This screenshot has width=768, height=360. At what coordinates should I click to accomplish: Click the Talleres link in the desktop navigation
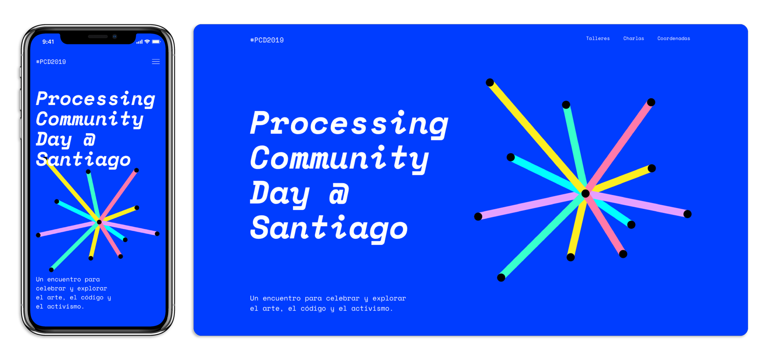point(598,38)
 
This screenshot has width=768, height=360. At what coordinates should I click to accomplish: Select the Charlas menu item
point(633,38)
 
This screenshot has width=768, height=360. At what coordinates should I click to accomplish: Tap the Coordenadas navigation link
point(673,38)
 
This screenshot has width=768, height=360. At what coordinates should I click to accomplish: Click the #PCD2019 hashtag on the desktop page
point(267,40)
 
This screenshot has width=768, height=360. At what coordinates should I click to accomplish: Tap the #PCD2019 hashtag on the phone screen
point(51,62)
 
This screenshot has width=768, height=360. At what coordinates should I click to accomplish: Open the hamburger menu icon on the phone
point(156,62)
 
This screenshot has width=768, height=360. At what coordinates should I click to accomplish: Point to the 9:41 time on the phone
point(48,42)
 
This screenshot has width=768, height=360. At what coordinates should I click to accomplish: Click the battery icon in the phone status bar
point(156,42)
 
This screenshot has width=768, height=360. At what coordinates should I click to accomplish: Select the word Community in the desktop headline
point(339,158)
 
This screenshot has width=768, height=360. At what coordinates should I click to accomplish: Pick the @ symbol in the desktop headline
point(339,193)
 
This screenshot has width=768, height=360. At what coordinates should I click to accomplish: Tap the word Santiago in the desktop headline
point(328,228)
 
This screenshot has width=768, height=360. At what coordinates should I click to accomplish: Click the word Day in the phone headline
point(54,139)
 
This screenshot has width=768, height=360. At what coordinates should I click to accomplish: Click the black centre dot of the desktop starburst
point(585,194)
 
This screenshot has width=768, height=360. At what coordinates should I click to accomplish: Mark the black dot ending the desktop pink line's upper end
point(651,102)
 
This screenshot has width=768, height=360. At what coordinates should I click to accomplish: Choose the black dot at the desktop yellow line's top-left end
point(490,83)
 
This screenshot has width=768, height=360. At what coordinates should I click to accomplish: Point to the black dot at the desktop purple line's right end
point(687,214)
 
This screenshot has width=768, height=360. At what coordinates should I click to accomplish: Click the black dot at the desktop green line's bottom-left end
point(501,278)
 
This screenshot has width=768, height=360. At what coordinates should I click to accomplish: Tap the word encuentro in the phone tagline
point(64,279)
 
